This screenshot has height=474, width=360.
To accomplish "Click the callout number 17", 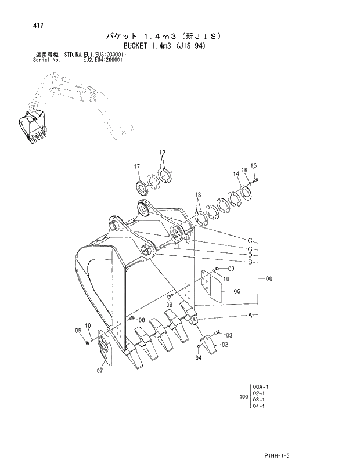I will [137, 167].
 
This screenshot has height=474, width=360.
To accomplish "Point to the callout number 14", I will [236, 173].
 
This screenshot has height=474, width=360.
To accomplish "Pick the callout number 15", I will [253, 165].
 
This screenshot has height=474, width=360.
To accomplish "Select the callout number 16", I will [245, 169].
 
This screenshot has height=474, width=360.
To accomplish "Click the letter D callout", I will [250, 255].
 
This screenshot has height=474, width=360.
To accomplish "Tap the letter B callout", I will [250, 262].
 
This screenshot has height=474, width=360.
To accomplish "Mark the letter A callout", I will [250, 316].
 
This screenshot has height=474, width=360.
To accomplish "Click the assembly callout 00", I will [269, 280].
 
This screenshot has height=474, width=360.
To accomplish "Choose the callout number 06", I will [237, 292].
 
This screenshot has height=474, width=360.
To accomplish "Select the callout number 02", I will [225, 345].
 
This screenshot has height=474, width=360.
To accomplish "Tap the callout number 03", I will [229, 335].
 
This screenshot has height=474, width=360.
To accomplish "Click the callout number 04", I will [198, 358].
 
